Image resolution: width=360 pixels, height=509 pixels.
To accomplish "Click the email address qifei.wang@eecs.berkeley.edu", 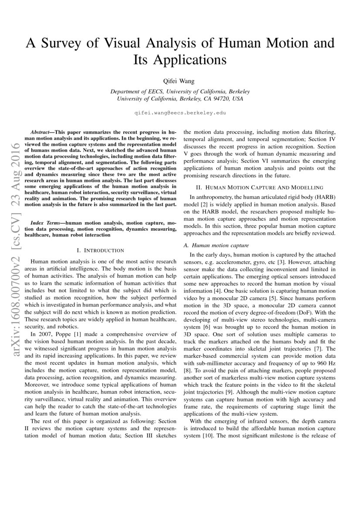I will pyautogui.click(x=180, y=112).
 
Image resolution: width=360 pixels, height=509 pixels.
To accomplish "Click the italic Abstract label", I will pyautogui.click(x=41, y=131).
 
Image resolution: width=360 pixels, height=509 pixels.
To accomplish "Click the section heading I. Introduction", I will pyautogui.click(x=100, y=250).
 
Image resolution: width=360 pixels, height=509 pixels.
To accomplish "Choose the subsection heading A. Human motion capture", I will pyautogui.click(x=216, y=246).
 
